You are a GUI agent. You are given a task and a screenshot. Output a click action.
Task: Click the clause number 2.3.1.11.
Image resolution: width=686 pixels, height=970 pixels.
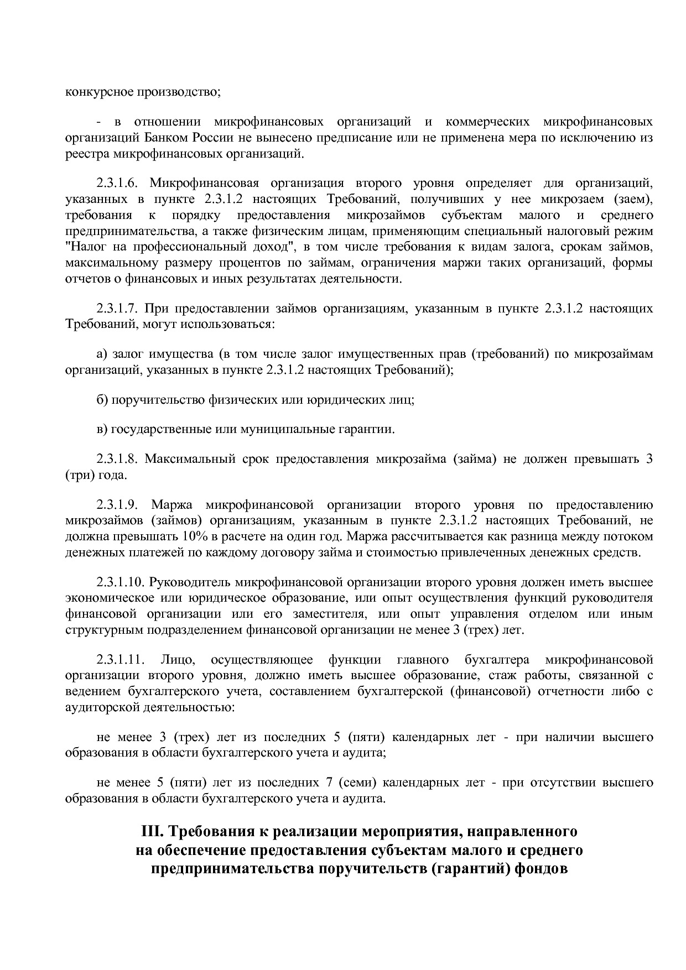tap(121, 660)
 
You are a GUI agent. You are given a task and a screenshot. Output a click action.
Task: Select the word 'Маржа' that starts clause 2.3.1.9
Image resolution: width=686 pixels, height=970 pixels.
tap(171, 505)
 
